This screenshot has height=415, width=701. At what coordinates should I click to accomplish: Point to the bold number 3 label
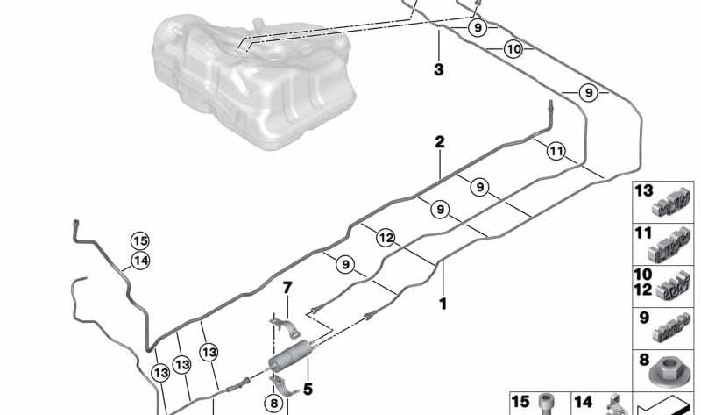click(x=439, y=69)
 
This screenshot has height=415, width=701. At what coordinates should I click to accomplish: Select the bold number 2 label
click(x=440, y=142)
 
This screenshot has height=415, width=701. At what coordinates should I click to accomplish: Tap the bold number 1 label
click(x=443, y=304)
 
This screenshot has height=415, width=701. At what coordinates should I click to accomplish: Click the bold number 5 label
click(x=308, y=389)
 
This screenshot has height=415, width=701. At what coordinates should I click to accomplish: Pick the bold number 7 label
click(x=287, y=288)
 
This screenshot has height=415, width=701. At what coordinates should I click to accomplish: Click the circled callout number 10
click(x=513, y=49)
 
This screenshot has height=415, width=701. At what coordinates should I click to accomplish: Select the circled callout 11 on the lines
click(x=556, y=151)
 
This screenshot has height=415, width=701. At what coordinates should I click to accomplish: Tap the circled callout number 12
click(x=386, y=238)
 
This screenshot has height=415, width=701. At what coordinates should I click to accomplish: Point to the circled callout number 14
click(x=140, y=261)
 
